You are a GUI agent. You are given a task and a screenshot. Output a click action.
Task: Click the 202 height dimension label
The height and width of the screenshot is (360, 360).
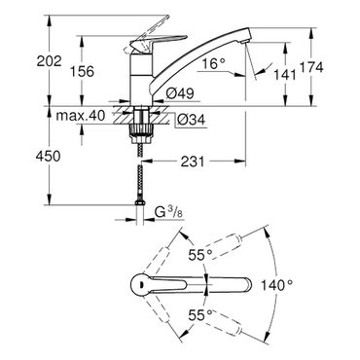click(49, 60)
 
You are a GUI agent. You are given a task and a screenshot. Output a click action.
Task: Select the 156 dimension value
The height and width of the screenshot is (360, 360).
click(82, 71)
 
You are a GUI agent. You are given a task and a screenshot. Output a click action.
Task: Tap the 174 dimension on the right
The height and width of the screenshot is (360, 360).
click(311, 67)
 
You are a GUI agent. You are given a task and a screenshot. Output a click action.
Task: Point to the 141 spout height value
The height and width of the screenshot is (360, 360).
click(285, 75)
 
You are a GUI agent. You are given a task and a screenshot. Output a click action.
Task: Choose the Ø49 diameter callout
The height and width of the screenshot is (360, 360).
click(180, 93)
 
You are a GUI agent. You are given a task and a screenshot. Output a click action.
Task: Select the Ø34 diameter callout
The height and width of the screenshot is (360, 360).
click(191, 121)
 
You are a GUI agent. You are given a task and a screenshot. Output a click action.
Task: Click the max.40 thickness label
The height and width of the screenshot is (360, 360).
click(81, 115)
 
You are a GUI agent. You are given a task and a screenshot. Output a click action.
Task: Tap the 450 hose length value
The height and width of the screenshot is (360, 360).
click(48, 157)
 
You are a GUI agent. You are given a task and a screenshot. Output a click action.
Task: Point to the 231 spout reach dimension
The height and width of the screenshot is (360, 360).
click(193, 162)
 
